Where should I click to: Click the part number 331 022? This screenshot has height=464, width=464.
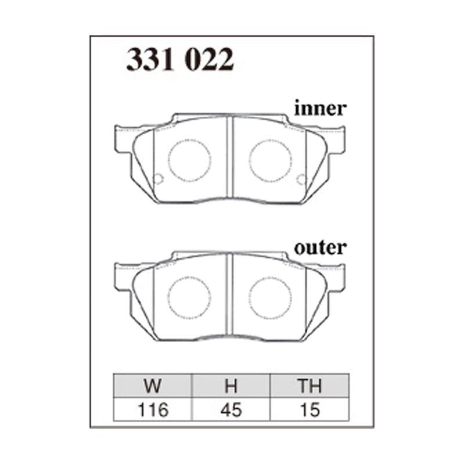tap(180, 60)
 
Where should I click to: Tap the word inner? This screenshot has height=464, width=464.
tap(320, 108)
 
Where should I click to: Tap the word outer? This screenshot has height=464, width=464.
tap(320, 248)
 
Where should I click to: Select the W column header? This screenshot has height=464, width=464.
tap(154, 386)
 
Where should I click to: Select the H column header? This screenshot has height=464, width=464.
tap(231, 386)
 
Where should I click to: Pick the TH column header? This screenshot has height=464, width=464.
tap(309, 386)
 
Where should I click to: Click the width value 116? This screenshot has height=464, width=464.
tap(154, 411)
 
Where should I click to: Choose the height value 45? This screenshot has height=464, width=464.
tap(231, 411)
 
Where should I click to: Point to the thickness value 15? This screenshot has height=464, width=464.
tap(309, 411)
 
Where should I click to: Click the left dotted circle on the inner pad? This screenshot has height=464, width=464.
tap(189, 160)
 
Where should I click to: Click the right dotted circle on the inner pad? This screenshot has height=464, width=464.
tap(270, 160)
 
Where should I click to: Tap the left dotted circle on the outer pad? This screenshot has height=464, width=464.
tap(189, 297)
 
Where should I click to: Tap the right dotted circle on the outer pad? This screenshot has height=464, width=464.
tap(270, 297)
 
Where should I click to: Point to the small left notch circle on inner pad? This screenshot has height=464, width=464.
tap(157, 179)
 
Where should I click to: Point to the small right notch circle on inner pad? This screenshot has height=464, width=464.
tap(300, 179)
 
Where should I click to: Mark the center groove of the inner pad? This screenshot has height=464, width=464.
tap(231, 159)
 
